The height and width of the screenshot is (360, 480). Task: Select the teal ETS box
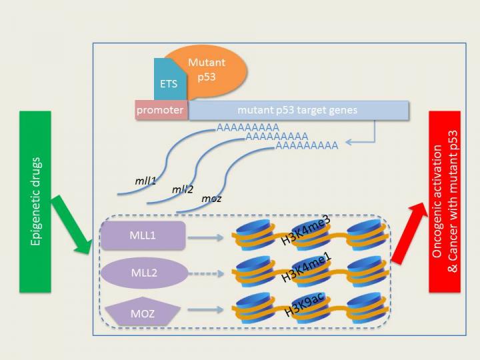169,83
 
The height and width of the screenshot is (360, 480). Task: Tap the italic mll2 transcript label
182,189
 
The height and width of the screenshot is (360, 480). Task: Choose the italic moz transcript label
211,199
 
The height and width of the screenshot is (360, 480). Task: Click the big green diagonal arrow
75,223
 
